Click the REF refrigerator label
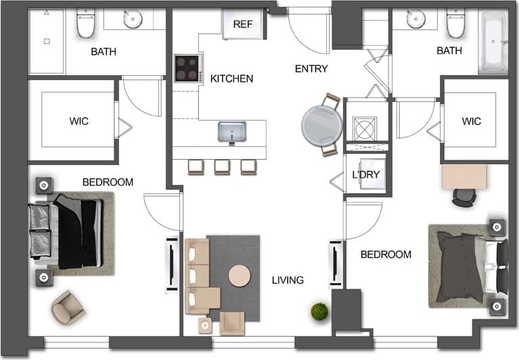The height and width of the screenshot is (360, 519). coord(242,24)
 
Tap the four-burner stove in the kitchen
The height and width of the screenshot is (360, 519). coord(187,68)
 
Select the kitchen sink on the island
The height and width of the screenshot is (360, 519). coord(231,131)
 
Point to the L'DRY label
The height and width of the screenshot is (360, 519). coord(365,175)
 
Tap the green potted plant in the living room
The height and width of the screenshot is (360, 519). coord(319,312)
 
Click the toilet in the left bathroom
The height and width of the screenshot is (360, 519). coord(86,24)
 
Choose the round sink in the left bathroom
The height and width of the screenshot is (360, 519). coord(133,20)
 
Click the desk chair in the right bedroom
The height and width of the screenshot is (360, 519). coord(464,196)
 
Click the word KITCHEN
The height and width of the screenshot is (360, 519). coord(231,79)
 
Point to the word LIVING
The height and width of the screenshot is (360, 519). coord(288,280)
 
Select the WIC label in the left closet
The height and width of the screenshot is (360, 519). coord(79,122)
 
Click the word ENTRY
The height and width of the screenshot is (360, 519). coord(311,69)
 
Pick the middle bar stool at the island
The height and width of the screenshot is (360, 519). coord(222,166)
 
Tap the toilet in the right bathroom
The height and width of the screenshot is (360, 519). coord(455,24)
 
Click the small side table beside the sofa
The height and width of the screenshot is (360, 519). coord(205,325)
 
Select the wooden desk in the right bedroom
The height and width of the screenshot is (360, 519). coord(464,177)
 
